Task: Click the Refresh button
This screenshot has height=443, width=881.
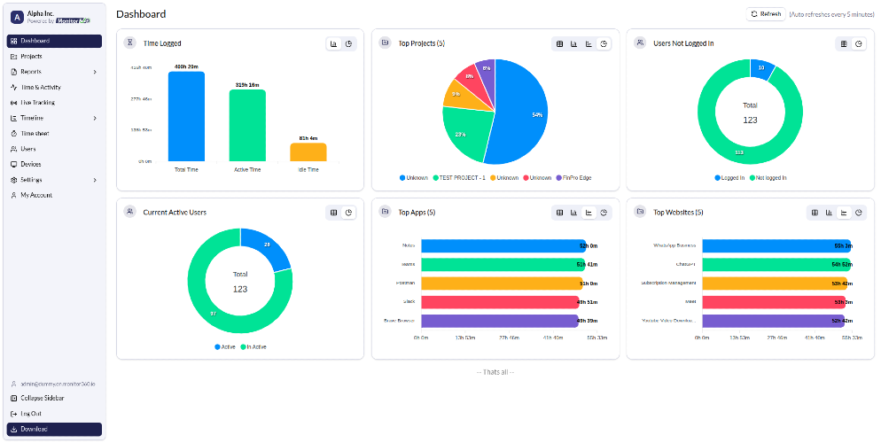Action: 766,14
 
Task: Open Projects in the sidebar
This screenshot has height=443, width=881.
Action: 31,56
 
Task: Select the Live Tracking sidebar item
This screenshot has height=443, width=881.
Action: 37,102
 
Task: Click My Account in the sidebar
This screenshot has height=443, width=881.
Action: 35,195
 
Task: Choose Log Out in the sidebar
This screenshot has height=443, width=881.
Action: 30,414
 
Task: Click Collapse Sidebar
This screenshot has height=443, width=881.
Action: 42,398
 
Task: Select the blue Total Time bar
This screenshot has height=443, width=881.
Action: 186,116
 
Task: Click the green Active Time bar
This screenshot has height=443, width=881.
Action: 247,125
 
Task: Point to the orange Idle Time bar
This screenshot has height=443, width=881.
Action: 308,152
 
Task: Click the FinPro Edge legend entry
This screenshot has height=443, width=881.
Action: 573,178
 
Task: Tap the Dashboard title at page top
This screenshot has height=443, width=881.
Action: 141,14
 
